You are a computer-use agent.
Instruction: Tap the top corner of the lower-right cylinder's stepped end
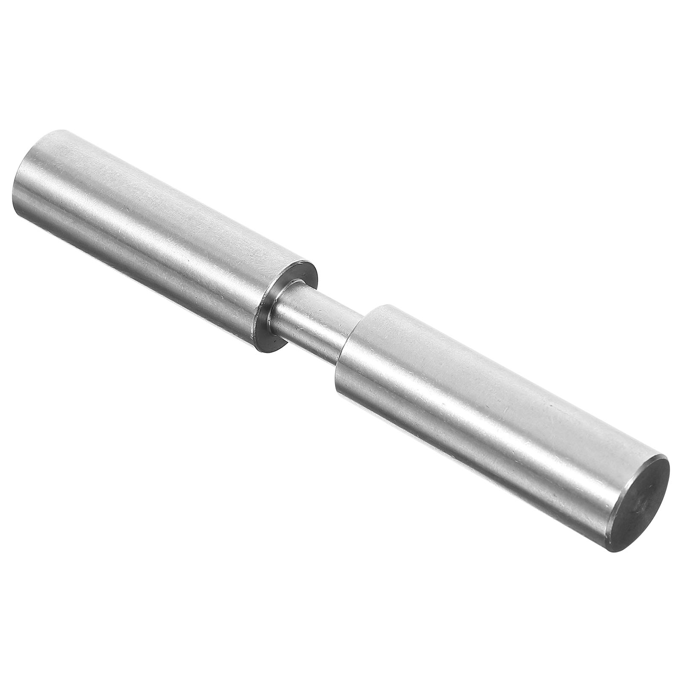coord(384,305)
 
